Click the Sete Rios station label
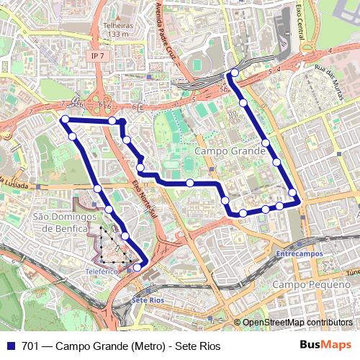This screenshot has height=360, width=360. [x=148, y=300]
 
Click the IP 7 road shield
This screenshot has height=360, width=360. [x=97, y=55]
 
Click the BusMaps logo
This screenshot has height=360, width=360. [x=325, y=345]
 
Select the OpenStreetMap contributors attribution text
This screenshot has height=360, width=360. [x=297, y=322]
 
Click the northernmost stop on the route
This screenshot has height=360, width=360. [x=235, y=73]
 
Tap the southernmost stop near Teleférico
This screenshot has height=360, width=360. [x=138, y=268]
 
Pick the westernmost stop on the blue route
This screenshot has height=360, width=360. [x=65, y=119]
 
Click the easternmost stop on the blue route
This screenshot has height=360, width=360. [x=293, y=192]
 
